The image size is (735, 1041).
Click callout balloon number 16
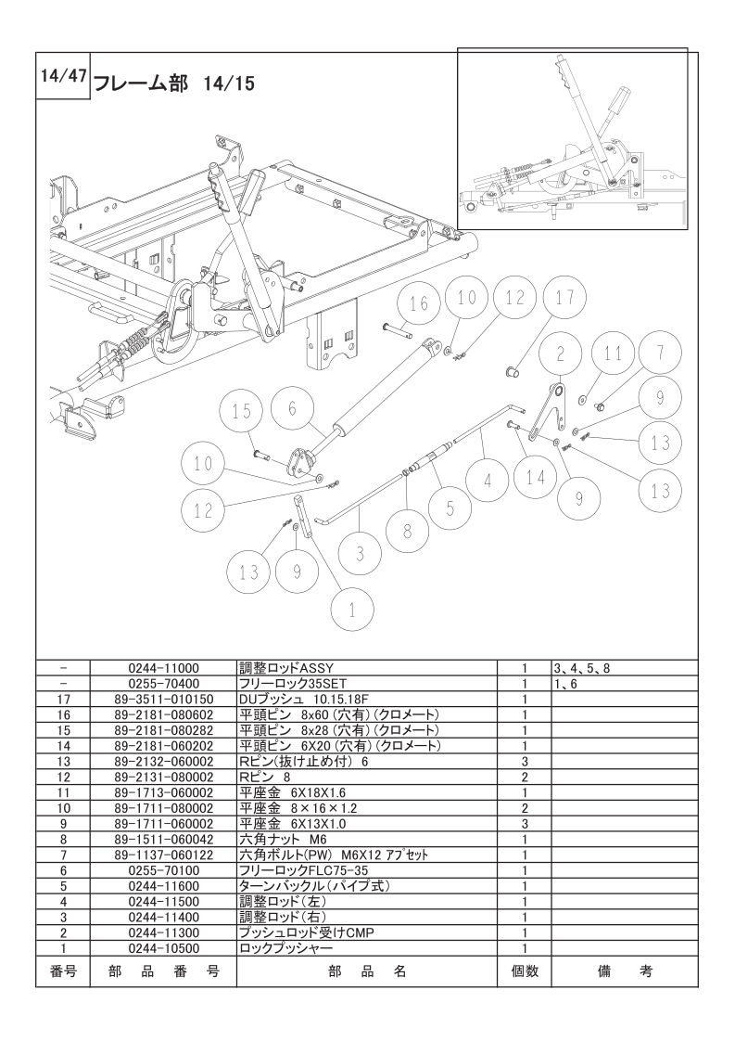[419, 303]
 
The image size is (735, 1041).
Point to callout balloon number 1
[351, 610]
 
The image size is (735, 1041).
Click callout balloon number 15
[243, 412]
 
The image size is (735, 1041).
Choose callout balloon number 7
[660, 353]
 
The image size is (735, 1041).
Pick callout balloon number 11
[613, 353]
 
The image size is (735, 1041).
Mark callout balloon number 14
[536, 479]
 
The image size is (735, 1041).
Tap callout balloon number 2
[561, 353]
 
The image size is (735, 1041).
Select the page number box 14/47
[63, 79]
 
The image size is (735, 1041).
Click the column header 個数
[524, 971]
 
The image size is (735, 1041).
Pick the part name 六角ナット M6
[278, 840]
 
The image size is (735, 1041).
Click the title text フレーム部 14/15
[174, 84]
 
